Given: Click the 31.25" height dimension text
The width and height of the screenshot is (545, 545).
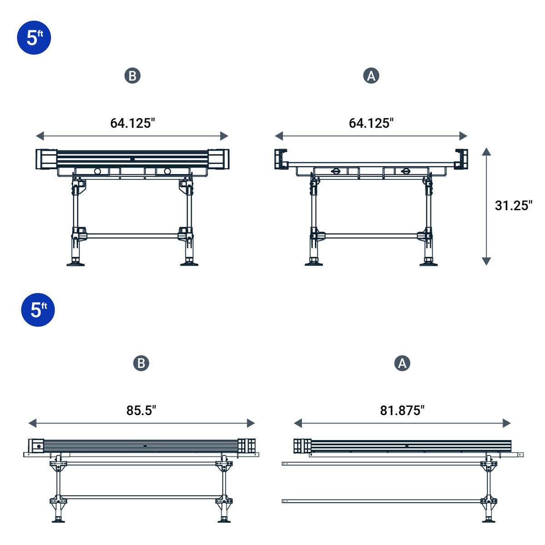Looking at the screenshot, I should [x=513, y=205].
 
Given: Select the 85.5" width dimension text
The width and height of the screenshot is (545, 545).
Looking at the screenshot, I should [x=141, y=410].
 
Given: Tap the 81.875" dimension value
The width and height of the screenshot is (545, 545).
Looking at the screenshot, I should [x=402, y=410].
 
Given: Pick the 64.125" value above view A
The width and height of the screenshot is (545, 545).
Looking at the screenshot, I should [x=371, y=123].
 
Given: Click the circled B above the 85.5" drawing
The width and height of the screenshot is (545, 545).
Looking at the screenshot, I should [x=141, y=363].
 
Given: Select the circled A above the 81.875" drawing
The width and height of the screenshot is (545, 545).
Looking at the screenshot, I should [x=402, y=363].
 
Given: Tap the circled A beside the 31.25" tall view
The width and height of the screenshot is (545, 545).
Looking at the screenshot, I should [x=371, y=76].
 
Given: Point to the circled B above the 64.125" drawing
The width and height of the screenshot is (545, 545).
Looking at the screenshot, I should [x=133, y=76].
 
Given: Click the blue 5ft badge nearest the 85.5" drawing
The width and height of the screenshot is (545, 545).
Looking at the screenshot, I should [x=38, y=310].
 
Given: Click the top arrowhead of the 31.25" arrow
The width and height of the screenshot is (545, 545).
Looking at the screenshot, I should [x=486, y=152].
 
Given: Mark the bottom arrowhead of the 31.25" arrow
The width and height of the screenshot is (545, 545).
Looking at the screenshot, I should [x=486, y=261].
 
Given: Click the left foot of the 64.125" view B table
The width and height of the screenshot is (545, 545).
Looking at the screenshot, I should [x=75, y=263].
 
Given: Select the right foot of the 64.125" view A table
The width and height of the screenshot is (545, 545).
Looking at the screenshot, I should [x=428, y=263].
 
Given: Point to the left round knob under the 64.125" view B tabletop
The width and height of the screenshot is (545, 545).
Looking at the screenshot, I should [x=97, y=171].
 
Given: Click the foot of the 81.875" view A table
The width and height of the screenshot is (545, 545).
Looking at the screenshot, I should [x=489, y=519].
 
